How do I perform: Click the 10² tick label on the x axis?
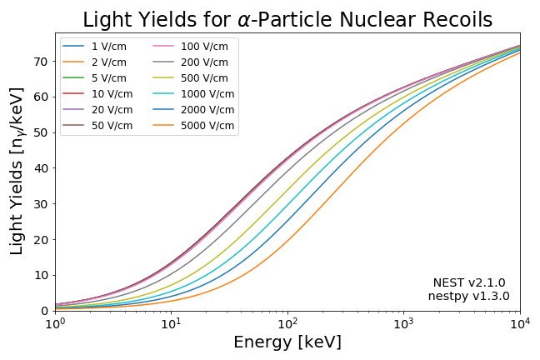click(287, 322)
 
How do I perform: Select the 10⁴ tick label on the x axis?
click(520, 322)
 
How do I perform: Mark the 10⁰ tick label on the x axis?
click(55, 322)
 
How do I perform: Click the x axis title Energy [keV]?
click(287, 342)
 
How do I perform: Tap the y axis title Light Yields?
click(17, 171)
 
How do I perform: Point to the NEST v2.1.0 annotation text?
click(469, 283)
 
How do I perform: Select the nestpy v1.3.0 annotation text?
click(469, 297)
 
